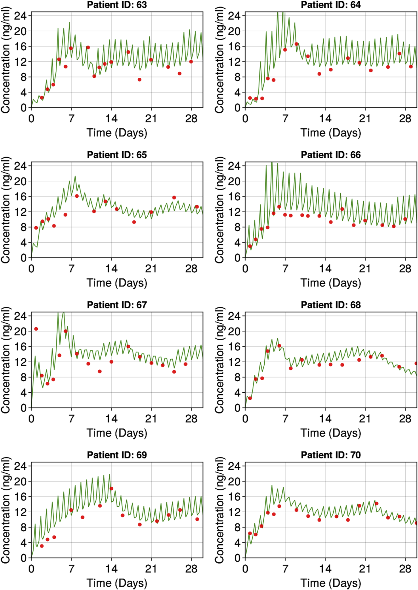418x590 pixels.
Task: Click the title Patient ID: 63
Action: click(117, 5)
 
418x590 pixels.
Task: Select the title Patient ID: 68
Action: click(331, 305)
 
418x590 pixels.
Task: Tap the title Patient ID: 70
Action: click(331, 455)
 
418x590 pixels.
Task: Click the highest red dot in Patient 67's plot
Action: click(36, 329)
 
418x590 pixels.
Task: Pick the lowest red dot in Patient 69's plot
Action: click(42, 546)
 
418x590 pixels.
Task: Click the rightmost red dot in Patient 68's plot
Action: click(416, 363)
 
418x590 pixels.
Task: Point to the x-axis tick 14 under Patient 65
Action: click(111, 269)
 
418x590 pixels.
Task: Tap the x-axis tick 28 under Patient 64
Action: click(405, 119)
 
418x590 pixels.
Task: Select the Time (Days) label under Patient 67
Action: click(117, 433)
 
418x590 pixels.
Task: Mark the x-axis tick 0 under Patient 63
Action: click(31, 119)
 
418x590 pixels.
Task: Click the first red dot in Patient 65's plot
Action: click(36, 228)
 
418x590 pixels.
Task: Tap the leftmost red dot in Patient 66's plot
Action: click(250, 246)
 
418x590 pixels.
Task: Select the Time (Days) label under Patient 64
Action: click(331, 133)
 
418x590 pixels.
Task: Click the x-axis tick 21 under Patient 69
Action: click(151, 569)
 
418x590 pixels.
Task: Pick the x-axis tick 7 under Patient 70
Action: click(285, 569)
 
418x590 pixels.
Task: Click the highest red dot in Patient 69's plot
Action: click(111, 489)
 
